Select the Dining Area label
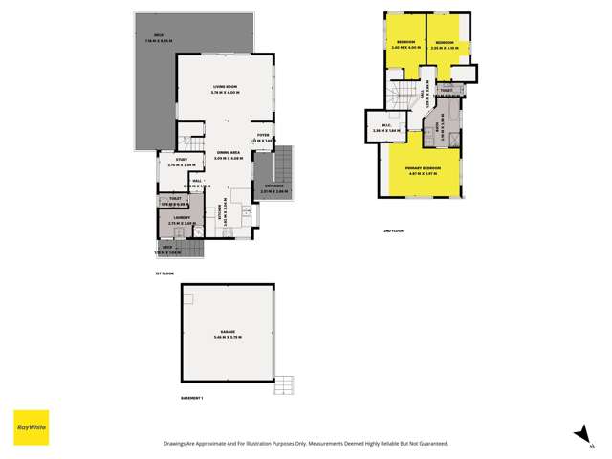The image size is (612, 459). [x=228, y=153]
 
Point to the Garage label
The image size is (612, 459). [x=227, y=331]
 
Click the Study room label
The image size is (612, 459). [x=181, y=161]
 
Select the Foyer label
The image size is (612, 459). [x=263, y=136]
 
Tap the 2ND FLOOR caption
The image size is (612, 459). [x=394, y=231]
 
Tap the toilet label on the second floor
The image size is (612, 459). [x=447, y=91]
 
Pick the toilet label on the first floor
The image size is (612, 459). [x=176, y=200]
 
